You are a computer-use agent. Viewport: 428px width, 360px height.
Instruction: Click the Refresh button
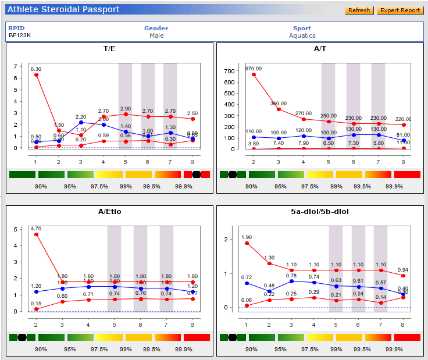pyautogui.click(x=359, y=10)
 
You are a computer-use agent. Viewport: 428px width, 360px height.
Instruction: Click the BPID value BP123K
pyautogui.click(x=20, y=35)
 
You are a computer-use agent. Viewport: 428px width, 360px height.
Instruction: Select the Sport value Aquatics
pyautogui.click(x=302, y=35)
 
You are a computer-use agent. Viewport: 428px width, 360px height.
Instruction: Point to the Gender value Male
pyautogui.click(x=156, y=35)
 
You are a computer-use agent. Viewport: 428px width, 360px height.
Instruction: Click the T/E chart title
pyautogui.click(x=109, y=49)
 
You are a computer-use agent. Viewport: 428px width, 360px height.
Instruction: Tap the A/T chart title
pyautogui.click(x=320, y=49)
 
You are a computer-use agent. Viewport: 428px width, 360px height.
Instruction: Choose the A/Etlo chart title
pyautogui.click(x=109, y=212)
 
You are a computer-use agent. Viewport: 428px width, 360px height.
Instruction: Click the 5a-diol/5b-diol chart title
pyautogui.click(x=320, y=212)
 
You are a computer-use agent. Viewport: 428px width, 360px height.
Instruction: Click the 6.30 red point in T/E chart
pyautogui.click(x=37, y=74)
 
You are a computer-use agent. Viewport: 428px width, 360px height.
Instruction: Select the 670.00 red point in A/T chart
pyautogui.click(x=254, y=74)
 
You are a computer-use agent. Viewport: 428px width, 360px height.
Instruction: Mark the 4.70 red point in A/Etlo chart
pyautogui.click(x=37, y=234)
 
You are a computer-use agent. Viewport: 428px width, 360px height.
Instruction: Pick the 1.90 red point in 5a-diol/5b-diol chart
pyautogui.click(x=247, y=243)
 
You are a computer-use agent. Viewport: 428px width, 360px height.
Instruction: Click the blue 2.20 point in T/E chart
pyautogui.click(x=81, y=122)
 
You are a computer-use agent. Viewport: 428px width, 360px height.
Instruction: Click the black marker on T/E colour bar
pyautogui.click(x=197, y=174)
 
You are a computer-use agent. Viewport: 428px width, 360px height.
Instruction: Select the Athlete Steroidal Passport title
pyautogui.click(x=64, y=9)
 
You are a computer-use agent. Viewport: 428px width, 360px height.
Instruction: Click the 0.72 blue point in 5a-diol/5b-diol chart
pyautogui.click(x=247, y=283)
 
